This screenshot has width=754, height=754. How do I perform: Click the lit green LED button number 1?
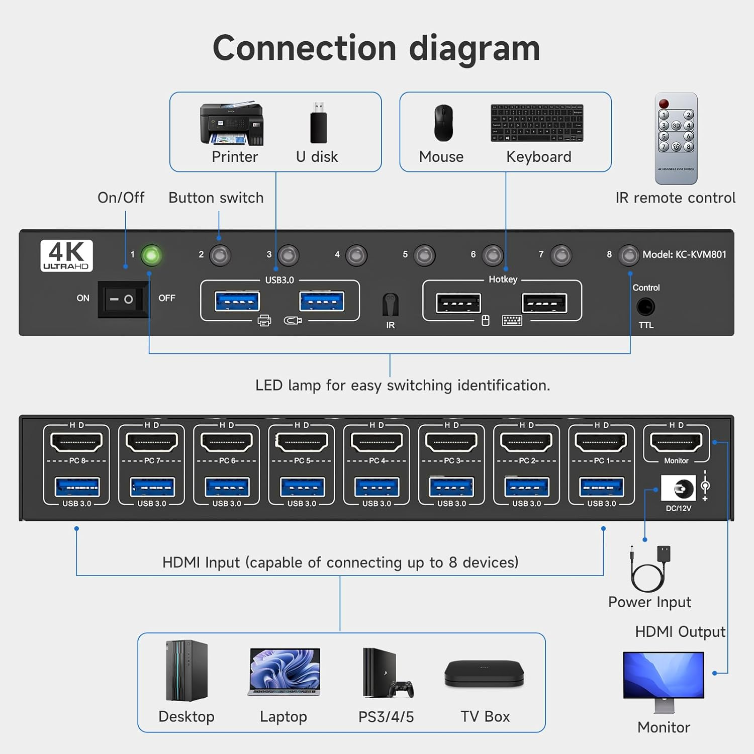pyautogui.click(x=151, y=255)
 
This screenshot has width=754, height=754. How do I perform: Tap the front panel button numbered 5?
pyautogui.click(x=424, y=255)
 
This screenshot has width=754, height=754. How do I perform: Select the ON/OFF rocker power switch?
pyautogui.click(x=122, y=299)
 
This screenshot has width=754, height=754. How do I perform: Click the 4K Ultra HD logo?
pyautogui.click(x=66, y=255)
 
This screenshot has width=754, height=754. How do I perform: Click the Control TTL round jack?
pyautogui.click(x=645, y=307)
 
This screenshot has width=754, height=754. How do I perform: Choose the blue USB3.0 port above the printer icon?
pyautogui.click(x=237, y=302)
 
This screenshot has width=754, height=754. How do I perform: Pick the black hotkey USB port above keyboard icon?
pyautogui.click(x=544, y=303)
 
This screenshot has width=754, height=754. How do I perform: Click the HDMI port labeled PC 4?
pyautogui.click(x=376, y=442)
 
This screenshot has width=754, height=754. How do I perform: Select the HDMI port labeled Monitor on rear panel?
pyautogui.click(x=676, y=442)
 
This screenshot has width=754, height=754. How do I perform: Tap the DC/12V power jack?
pyautogui.click(x=679, y=488)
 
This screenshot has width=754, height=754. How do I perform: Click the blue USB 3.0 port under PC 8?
pyautogui.click(x=77, y=487)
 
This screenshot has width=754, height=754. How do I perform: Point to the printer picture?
pyautogui.click(x=232, y=124)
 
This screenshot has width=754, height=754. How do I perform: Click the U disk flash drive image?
pyautogui.click(x=318, y=124)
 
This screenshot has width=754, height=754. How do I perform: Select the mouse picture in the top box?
pyautogui.click(x=443, y=123)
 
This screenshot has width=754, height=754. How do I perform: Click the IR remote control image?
pyautogui.click(x=676, y=138)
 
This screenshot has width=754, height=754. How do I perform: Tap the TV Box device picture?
pyautogui.click(x=484, y=674)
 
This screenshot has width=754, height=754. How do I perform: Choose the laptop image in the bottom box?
pyautogui.click(x=284, y=672)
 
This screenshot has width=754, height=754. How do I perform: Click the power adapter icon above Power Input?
pyautogui.click(x=650, y=568)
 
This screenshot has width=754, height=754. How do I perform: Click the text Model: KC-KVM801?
pyautogui.click(x=684, y=254)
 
